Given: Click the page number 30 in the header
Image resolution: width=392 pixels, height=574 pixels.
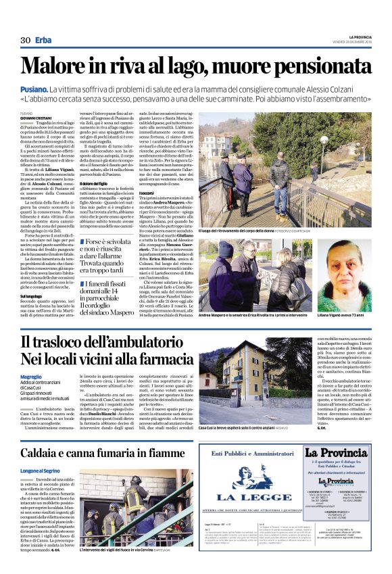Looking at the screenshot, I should (x=26, y=40).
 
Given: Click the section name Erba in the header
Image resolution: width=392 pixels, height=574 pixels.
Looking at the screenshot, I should (x=44, y=40).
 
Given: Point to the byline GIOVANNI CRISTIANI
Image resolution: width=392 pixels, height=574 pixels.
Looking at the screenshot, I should (x=38, y=118).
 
